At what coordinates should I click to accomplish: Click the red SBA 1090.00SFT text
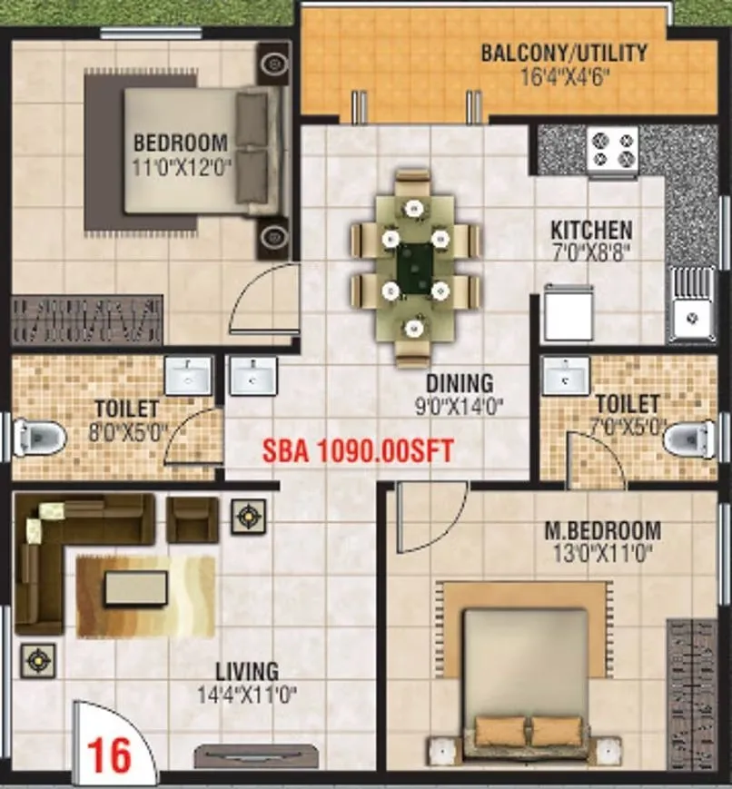[357, 449]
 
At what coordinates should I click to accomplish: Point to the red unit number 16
[109, 754]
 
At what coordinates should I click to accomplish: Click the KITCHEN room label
[591, 229]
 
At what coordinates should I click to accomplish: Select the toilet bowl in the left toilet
[41, 438]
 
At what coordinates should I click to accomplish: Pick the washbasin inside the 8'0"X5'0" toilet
[188, 374]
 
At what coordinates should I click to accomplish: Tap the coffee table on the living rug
[135, 588]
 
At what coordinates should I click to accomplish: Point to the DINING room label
[460, 383]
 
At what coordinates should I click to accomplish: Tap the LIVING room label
[246, 672]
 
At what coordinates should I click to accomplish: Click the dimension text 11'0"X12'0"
[183, 166]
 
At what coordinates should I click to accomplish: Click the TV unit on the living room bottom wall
[257, 756]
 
